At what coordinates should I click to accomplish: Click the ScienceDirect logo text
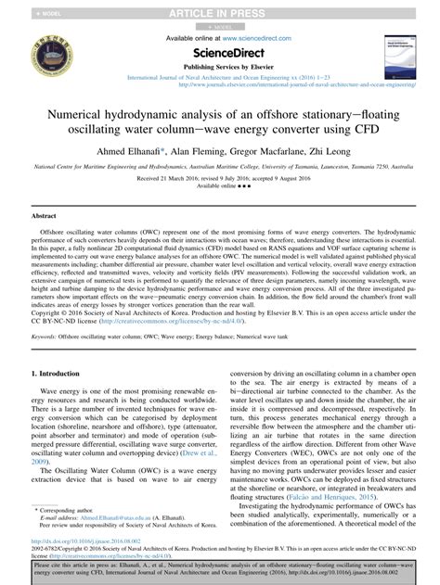tap(219, 52)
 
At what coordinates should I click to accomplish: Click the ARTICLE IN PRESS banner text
tap(220, 12)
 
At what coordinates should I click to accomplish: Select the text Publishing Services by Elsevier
tap(219, 68)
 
